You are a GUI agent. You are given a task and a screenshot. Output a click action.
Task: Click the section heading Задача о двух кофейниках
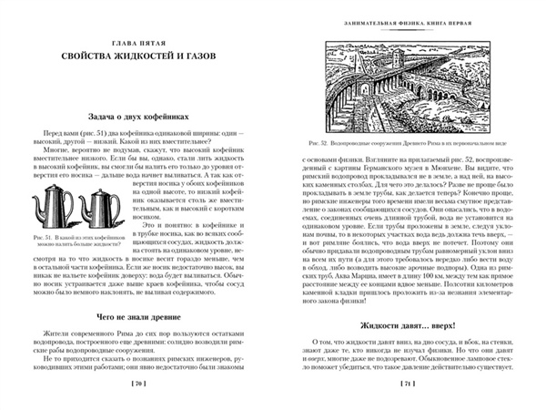pos(137,118)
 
